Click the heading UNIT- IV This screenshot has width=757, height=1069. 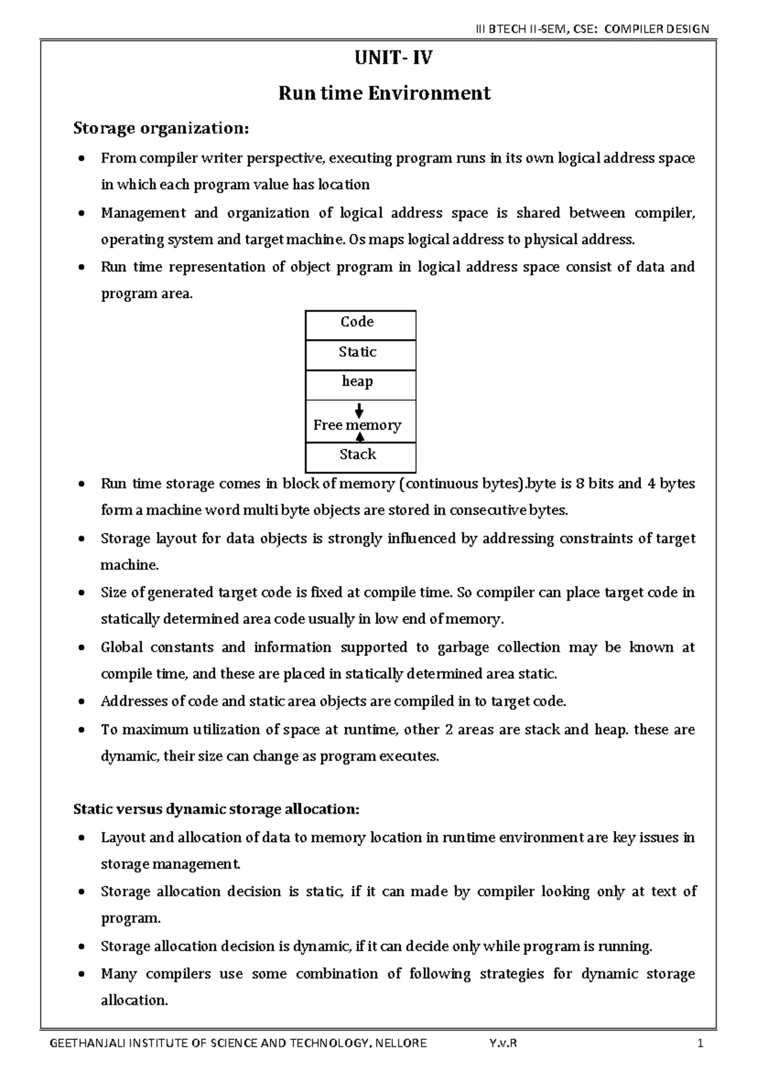coord(384,59)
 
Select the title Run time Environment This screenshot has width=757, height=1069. coord(384,93)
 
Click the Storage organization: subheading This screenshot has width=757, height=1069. coord(161,129)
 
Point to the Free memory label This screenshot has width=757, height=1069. coord(357,425)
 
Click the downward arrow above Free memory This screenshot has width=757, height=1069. coord(359,410)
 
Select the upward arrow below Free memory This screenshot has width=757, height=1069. coord(360,437)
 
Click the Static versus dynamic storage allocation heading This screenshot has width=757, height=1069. coord(216,809)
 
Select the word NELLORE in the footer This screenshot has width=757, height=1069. coord(401,1043)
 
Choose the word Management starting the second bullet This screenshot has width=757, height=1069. coord(143,213)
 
